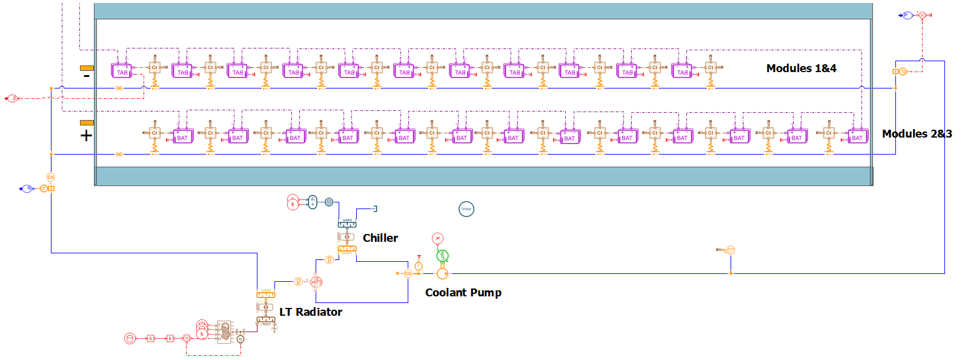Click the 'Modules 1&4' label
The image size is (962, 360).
(801, 68)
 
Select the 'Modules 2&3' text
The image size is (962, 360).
(917, 134)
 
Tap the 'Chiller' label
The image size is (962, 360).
(380, 238)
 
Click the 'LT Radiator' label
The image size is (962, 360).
(311, 312)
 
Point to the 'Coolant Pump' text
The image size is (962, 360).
(463, 293)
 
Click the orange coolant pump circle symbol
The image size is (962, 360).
(442, 274)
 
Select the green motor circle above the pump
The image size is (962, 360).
(442, 256)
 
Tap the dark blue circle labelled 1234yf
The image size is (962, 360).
(466, 209)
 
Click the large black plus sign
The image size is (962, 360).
(87, 135)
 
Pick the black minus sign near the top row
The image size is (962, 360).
(87, 76)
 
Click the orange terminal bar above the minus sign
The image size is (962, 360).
(87, 68)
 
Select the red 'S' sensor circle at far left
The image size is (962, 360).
(13, 98)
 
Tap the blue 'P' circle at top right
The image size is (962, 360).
(907, 15)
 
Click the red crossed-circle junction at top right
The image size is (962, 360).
(922, 15)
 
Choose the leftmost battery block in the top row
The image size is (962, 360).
(122, 71)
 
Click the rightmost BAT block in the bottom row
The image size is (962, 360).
(857, 136)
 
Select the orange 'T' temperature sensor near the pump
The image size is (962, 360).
(418, 266)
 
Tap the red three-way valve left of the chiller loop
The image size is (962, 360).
(316, 282)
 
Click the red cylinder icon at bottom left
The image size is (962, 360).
(130, 338)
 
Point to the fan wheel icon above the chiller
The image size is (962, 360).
(329, 202)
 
